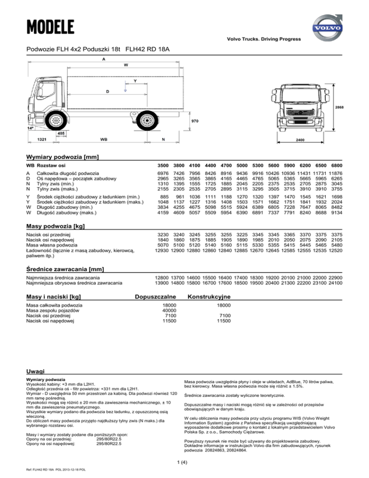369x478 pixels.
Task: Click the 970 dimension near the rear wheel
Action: point(195,121)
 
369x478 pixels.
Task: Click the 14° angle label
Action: point(30,129)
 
